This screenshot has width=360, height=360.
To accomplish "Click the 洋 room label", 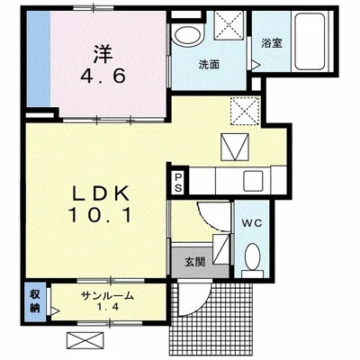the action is click(x=103, y=54).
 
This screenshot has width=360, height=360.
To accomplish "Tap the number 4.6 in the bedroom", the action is click(x=103, y=76).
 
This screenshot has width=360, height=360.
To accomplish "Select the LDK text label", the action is click(x=102, y=193).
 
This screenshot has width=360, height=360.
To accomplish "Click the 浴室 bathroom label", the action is click(x=272, y=44).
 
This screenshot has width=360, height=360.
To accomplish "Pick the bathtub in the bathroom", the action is click(x=310, y=41).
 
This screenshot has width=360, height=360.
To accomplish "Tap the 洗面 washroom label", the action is click(x=210, y=65).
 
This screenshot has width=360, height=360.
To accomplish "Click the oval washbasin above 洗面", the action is click(x=188, y=35).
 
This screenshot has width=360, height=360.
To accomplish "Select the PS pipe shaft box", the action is click(x=179, y=183).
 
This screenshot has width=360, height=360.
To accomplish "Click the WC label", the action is click(x=252, y=223).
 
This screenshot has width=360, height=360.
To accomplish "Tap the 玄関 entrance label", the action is click(x=194, y=263).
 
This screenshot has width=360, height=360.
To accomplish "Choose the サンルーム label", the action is click(x=107, y=296).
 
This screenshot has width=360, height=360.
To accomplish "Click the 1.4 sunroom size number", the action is click(x=107, y=307).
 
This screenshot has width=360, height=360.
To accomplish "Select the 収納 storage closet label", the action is click(x=34, y=301).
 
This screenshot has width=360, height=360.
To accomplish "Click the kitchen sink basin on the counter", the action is click(x=253, y=181).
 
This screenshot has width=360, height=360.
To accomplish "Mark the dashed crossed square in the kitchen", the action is click(x=245, y=111).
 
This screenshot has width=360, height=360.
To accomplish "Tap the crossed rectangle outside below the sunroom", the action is click(x=85, y=340).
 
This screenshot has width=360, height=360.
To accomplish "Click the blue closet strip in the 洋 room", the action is click(x=39, y=58).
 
